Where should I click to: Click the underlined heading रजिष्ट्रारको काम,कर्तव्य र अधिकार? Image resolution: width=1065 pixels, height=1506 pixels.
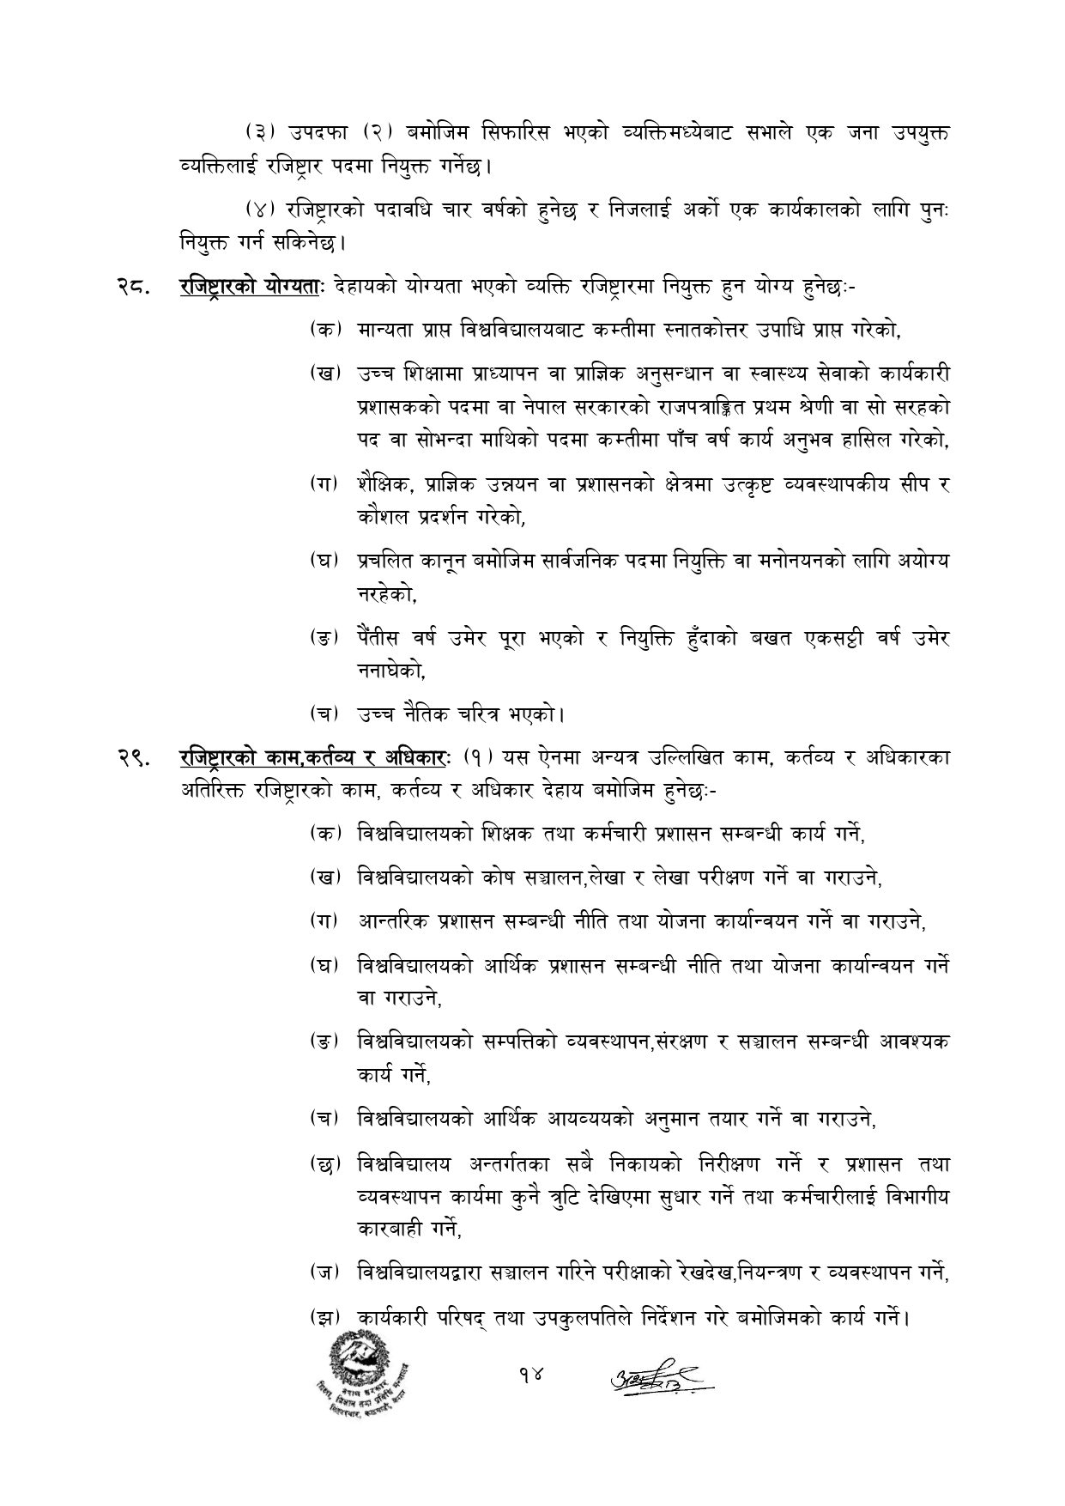click(x=314, y=757)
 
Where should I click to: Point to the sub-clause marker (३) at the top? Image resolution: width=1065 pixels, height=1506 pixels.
click(x=255, y=133)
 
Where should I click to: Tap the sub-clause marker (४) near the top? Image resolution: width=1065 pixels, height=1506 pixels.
click(x=256, y=210)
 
